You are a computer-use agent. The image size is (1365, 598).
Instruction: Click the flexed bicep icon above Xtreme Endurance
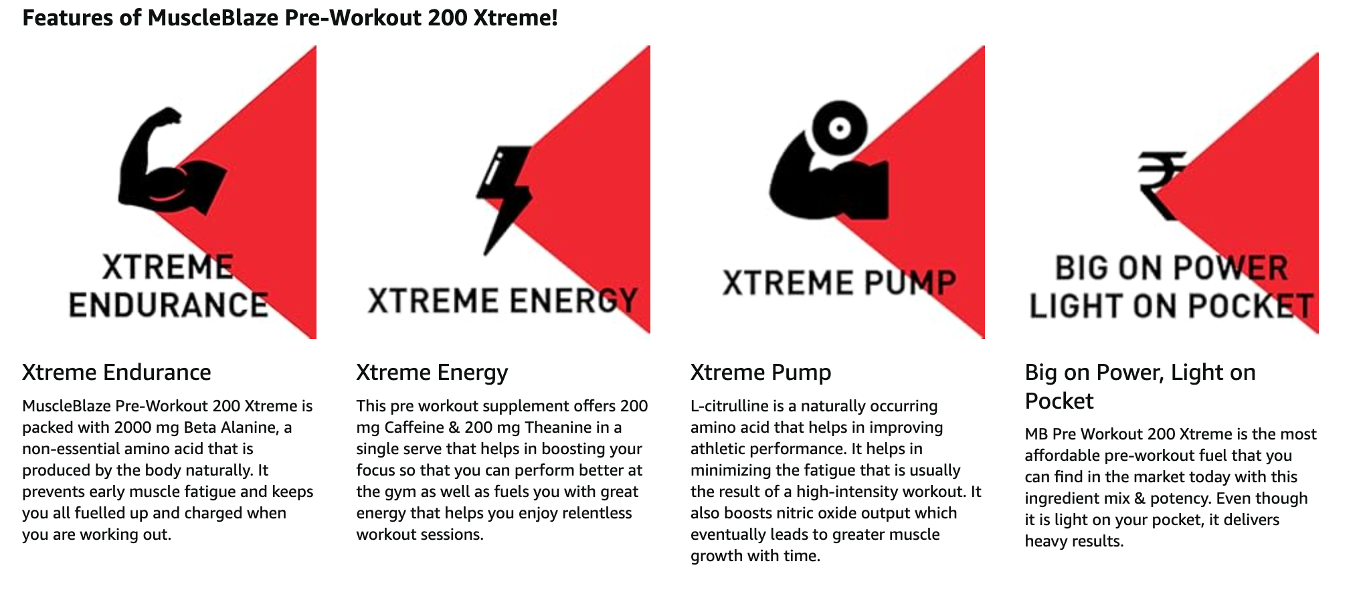167,164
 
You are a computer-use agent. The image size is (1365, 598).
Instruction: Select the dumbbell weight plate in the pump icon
839,128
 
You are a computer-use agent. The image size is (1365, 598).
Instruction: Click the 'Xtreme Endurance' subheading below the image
116,373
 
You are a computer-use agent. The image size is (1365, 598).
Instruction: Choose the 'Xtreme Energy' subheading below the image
432,373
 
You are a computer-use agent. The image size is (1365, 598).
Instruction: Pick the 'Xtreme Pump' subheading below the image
761,373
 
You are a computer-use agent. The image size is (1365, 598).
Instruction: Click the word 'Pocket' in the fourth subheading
1059,401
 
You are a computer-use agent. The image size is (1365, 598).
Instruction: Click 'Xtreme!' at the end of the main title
515,17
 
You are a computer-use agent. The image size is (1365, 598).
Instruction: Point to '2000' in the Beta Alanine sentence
132,427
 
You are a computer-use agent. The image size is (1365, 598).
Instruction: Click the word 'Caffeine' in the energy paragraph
414,427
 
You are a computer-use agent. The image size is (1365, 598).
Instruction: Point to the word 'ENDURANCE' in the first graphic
169,305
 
